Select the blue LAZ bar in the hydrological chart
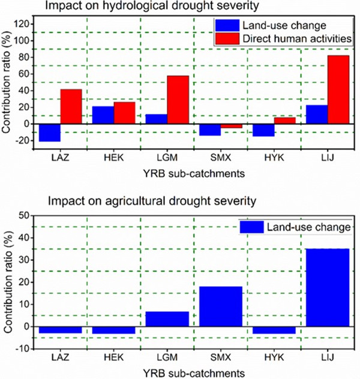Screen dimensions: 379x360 [50, 133]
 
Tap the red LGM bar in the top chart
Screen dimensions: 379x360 [178, 100]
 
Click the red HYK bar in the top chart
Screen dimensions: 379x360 [285, 120]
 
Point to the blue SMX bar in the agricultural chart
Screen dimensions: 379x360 [221, 306]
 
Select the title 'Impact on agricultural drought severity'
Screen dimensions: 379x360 [147, 201]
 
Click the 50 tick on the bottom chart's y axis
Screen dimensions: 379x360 [25, 215]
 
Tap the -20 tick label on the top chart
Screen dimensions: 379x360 [22, 140]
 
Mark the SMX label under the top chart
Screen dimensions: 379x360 [220, 162]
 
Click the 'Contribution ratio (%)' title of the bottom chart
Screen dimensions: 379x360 [8, 281]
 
